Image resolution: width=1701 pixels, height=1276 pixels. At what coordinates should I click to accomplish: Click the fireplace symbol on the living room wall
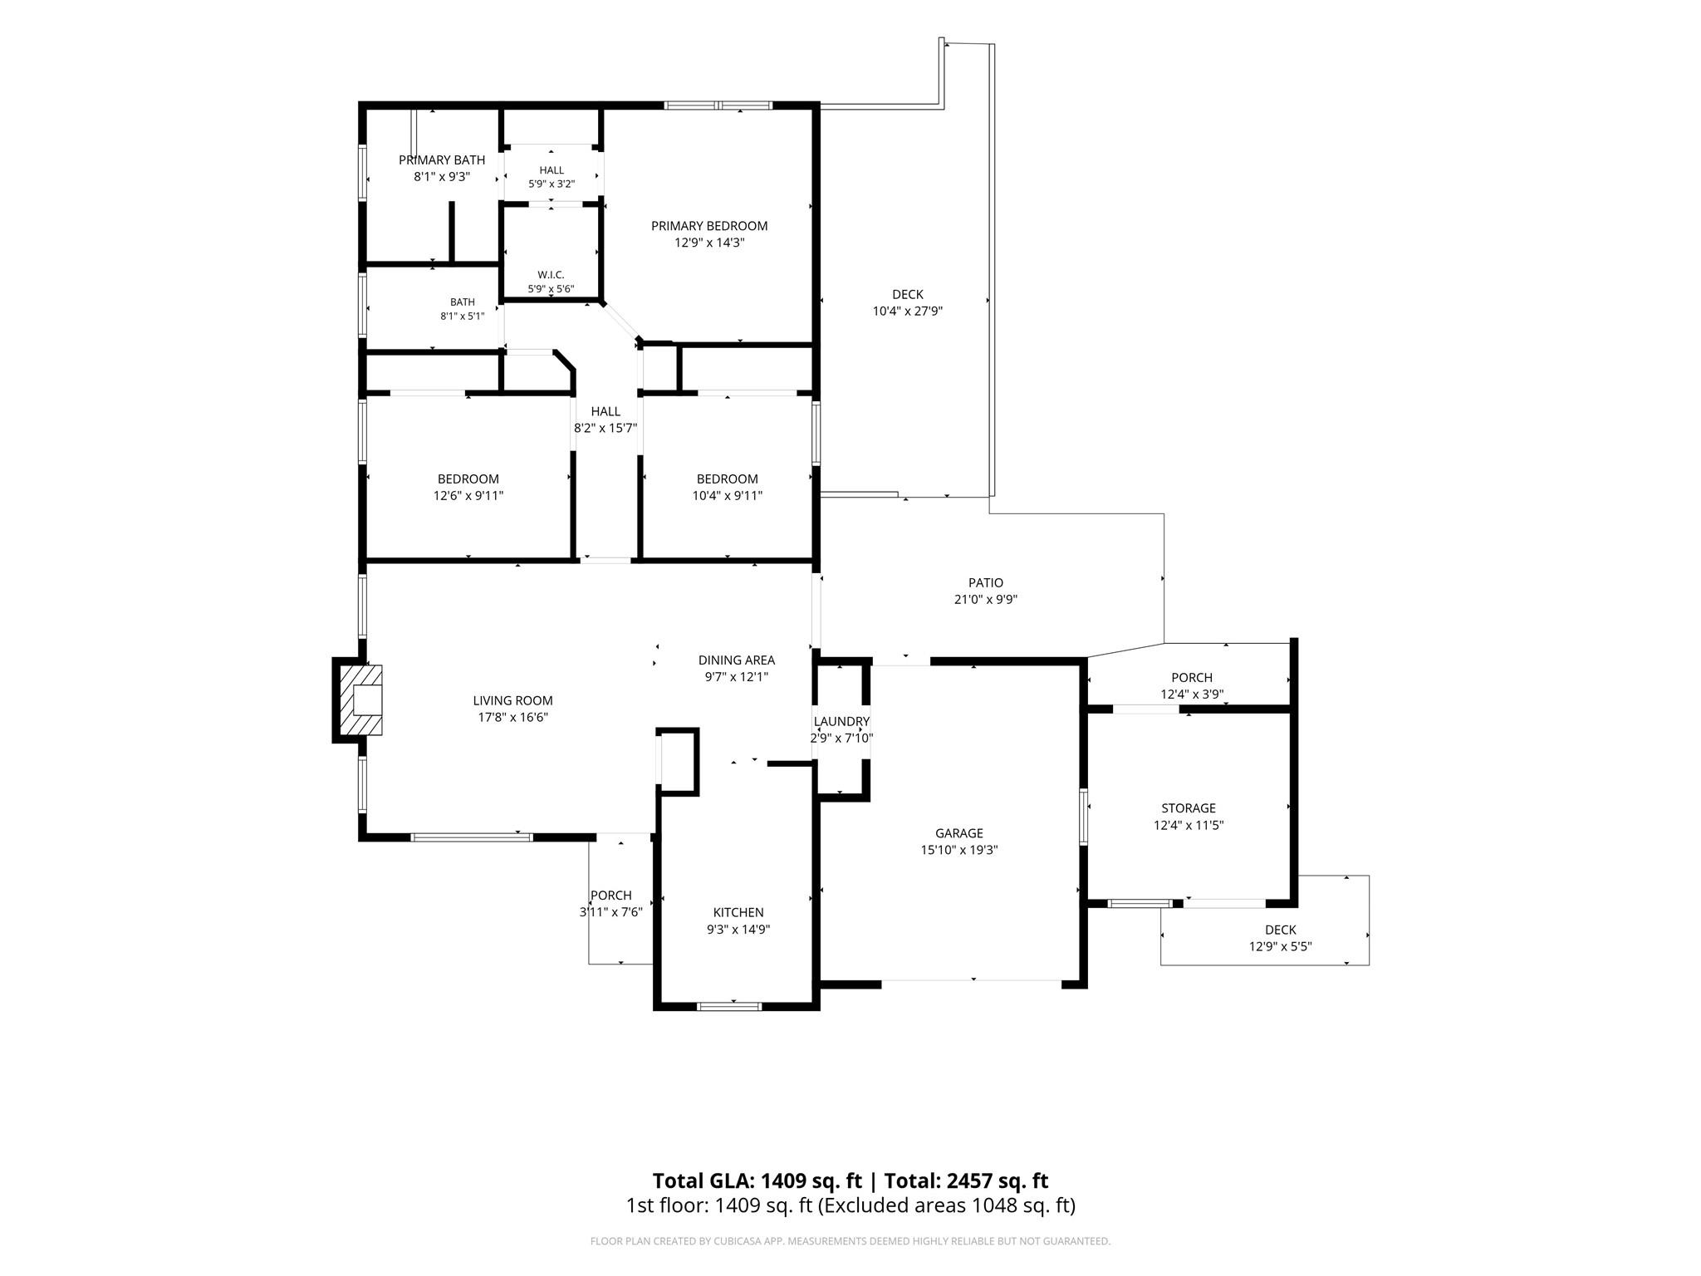[x=359, y=699]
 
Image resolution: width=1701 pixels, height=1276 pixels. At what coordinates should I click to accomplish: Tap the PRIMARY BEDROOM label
[x=709, y=226]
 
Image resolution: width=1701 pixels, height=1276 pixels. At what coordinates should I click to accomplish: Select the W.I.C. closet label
[x=551, y=275]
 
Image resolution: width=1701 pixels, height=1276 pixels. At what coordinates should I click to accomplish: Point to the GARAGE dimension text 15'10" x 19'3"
[x=959, y=850]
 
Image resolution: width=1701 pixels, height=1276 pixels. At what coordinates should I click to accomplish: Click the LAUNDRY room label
[x=841, y=721]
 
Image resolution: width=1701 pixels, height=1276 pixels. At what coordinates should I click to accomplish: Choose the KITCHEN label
[x=738, y=912]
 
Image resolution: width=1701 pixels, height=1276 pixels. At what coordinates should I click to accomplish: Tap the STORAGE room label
[x=1189, y=807]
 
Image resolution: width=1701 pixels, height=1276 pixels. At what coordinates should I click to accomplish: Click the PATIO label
[x=986, y=582]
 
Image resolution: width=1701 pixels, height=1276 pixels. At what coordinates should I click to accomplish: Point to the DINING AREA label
[x=737, y=660]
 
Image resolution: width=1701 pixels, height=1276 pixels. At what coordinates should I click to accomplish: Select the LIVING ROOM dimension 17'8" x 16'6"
[x=512, y=718]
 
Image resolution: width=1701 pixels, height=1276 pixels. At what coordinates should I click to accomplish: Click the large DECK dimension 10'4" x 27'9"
[x=908, y=312]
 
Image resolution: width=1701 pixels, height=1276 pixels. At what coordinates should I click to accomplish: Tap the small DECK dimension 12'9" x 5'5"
[x=1281, y=947]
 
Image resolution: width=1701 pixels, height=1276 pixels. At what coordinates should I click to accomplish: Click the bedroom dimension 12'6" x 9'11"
[x=468, y=496]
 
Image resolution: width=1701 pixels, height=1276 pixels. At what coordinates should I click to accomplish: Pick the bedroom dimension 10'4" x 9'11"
[x=728, y=496]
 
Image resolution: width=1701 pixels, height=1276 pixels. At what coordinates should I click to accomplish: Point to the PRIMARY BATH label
[x=442, y=159]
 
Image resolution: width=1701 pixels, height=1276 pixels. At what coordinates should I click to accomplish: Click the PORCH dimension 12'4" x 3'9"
[x=1192, y=694]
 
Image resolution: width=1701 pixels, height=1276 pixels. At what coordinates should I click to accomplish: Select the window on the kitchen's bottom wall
[x=729, y=1007]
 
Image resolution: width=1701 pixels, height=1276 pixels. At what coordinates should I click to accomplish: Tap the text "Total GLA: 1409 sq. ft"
[x=757, y=1180]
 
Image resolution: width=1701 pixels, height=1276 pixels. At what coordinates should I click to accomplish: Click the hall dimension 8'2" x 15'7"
[x=605, y=429]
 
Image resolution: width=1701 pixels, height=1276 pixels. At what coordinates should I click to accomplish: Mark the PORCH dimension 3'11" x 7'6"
[x=611, y=912]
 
